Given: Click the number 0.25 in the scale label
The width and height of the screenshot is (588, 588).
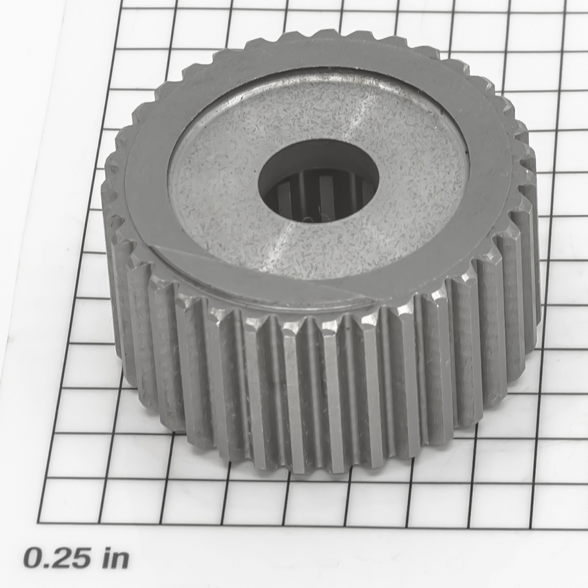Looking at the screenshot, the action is [x=57, y=559].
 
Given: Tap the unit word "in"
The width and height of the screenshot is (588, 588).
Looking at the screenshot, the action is [x=115, y=559].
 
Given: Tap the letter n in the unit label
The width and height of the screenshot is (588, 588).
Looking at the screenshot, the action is [x=120, y=562].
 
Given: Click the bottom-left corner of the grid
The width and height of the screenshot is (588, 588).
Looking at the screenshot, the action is [x=38, y=523].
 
